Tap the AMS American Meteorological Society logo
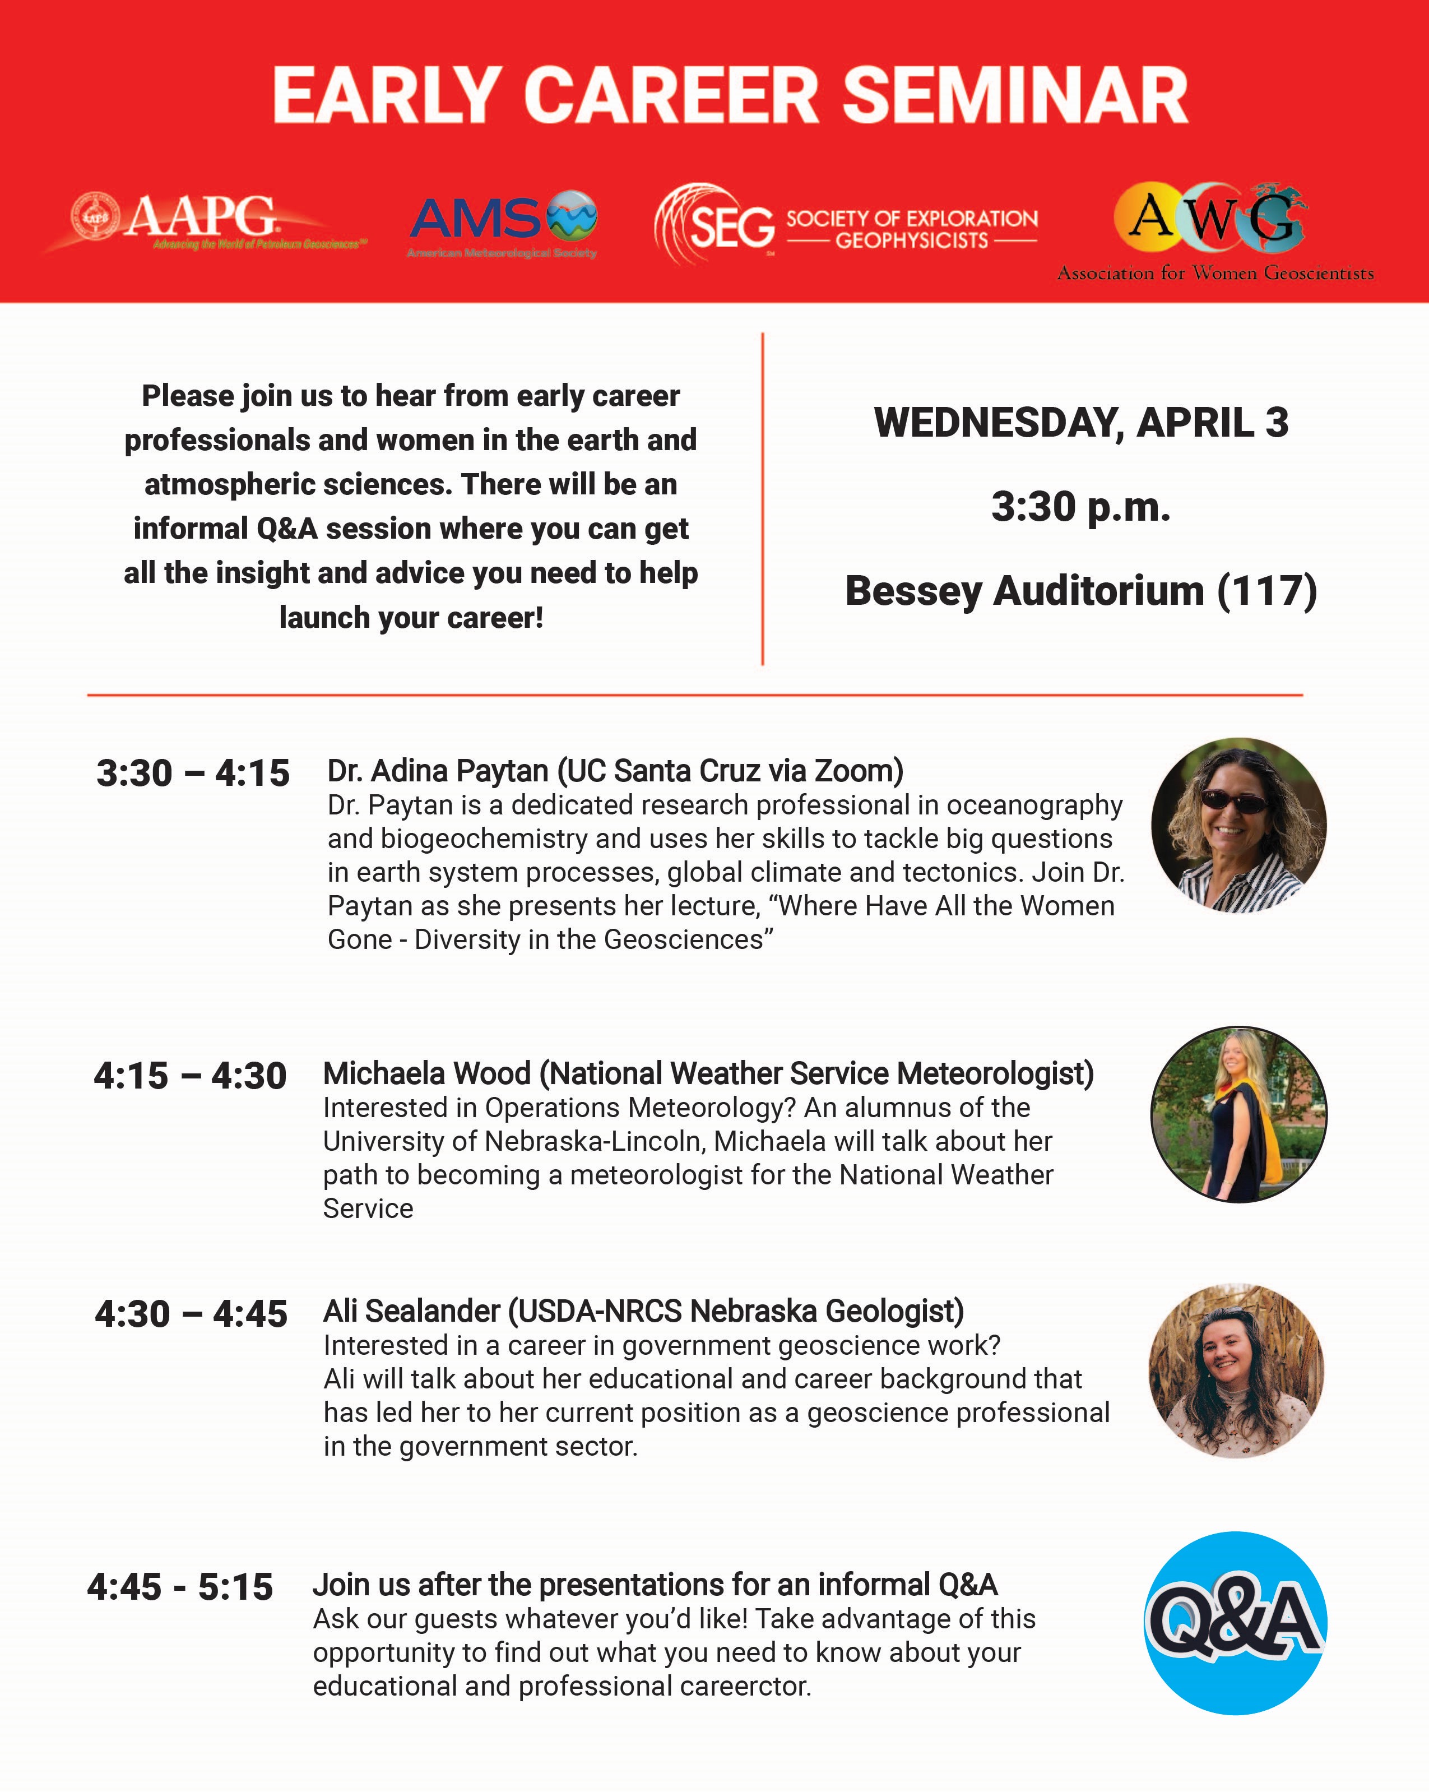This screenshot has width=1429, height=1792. tap(503, 223)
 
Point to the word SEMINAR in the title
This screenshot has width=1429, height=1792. tap(1015, 96)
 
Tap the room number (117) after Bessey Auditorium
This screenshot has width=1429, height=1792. tap(1267, 591)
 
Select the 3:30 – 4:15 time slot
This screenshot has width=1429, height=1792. tap(193, 773)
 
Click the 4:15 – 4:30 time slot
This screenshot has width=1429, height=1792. tap(191, 1076)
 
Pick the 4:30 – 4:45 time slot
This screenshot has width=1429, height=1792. tap(191, 1314)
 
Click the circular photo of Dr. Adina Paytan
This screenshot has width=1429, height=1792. tap(1238, 825)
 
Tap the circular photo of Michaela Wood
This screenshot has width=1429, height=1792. tap(1238, 1114)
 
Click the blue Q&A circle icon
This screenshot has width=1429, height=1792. tap(1236, 1623)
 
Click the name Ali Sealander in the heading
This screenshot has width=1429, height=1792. tap(411, 1311)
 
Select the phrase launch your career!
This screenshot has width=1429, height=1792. tap(411, 618)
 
